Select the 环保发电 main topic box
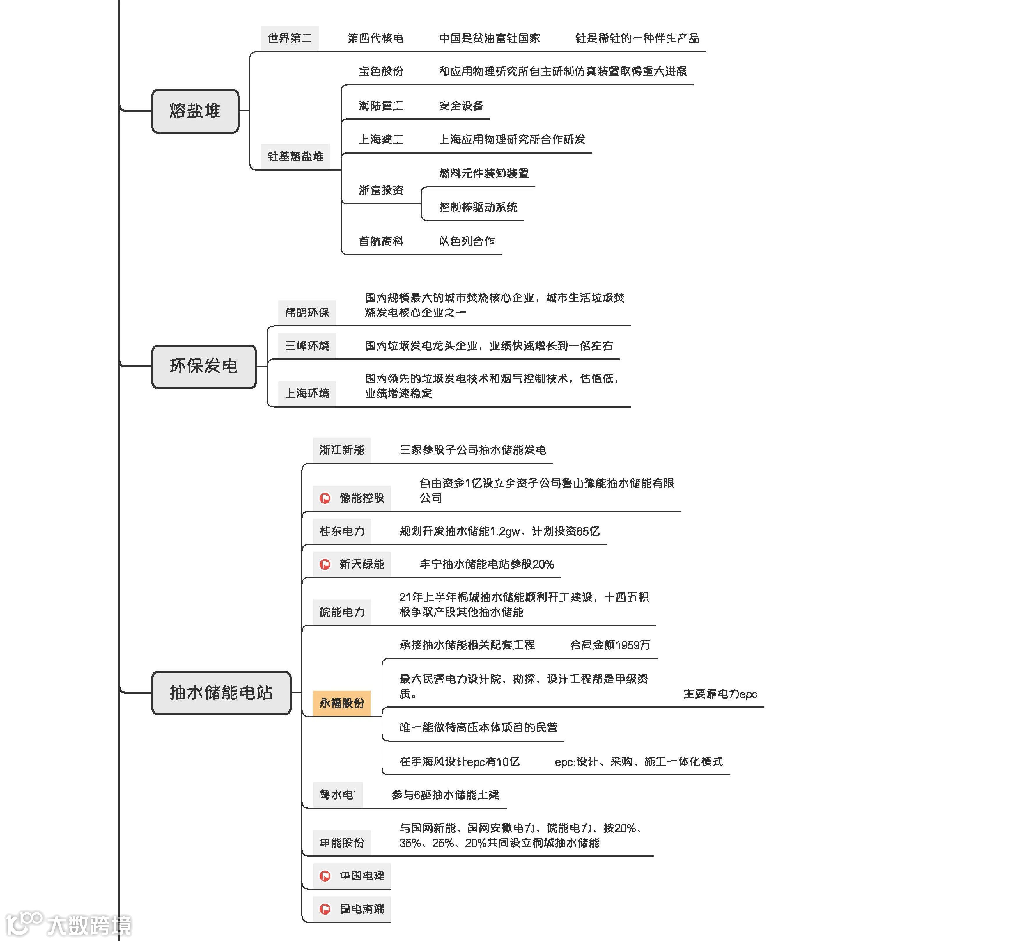203,366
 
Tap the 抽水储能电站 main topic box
221,693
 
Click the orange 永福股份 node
342,703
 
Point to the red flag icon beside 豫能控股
325,498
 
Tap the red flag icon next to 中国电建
325,876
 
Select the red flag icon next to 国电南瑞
325,909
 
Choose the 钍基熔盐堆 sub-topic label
295,156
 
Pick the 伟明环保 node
307,313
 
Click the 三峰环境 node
307,346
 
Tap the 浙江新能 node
342,450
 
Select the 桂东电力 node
342,531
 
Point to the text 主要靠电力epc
720,694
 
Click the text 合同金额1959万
610,645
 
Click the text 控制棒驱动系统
478,207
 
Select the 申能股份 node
342,843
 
